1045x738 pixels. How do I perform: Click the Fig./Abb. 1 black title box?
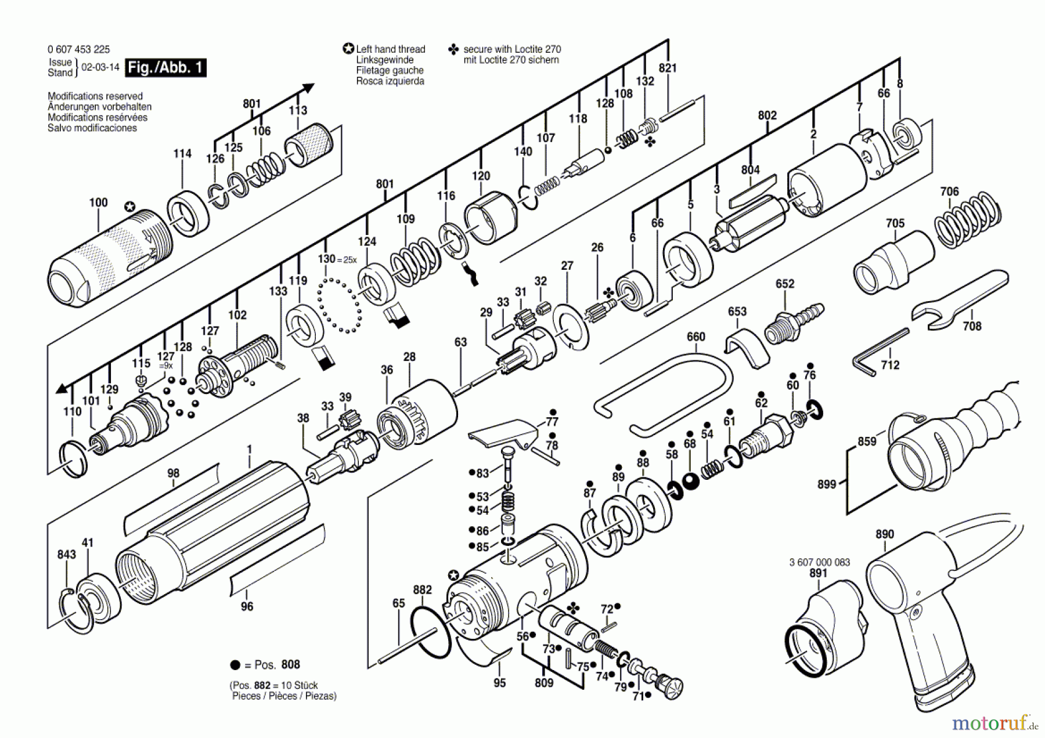(x=166, y=67)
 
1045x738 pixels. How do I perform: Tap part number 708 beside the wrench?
(x=972, y=326)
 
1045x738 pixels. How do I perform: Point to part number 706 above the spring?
(x=949, y=191)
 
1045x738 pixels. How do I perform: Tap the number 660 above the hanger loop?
(x=696, y=337)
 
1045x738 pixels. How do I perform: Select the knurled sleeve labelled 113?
(x=309, y=145)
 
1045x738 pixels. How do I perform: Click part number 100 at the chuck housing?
(x=98, y=202)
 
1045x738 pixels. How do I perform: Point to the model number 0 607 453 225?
(x=78, y=49)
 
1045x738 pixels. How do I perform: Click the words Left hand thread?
(x=391, y=49)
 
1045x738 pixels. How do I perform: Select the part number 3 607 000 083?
(x=820, y=562)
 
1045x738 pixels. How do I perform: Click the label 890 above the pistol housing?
(x=884, y=534)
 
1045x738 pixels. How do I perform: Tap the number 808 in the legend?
(x=291, y=664)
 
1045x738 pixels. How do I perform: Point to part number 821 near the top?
(x=668, y=68)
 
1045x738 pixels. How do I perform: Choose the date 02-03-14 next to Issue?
(x=100, y=67)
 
